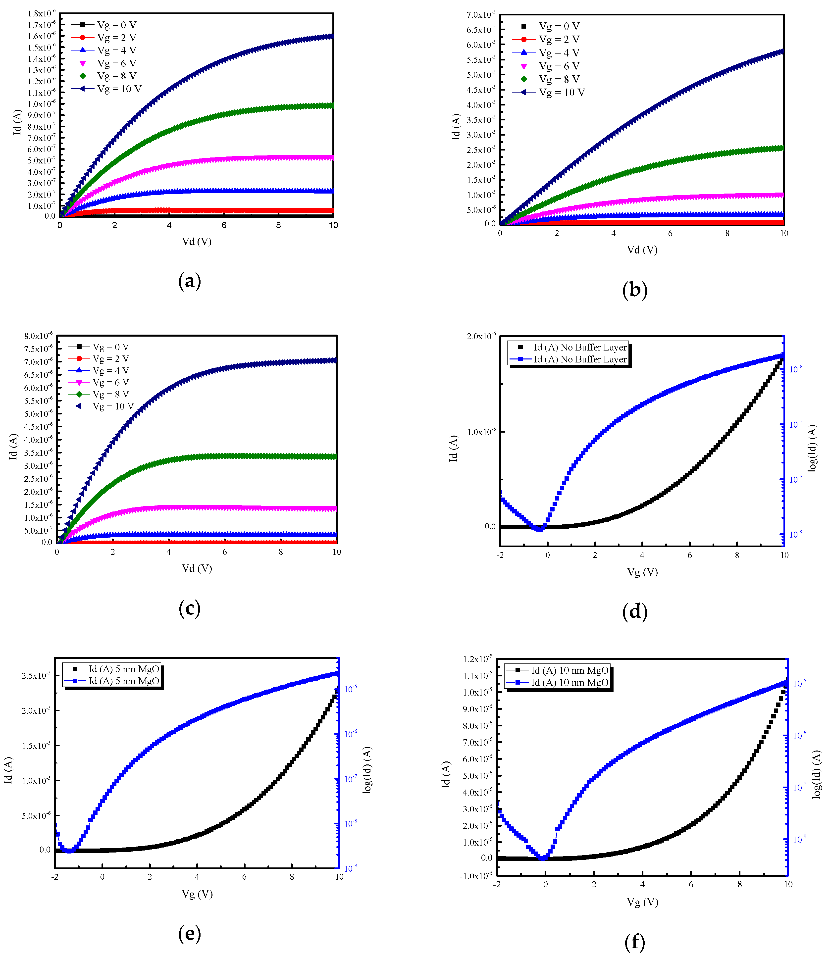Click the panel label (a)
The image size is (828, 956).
(189, 281)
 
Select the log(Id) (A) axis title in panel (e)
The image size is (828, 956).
(367, 770)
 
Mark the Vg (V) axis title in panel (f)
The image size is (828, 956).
(642, 902)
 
